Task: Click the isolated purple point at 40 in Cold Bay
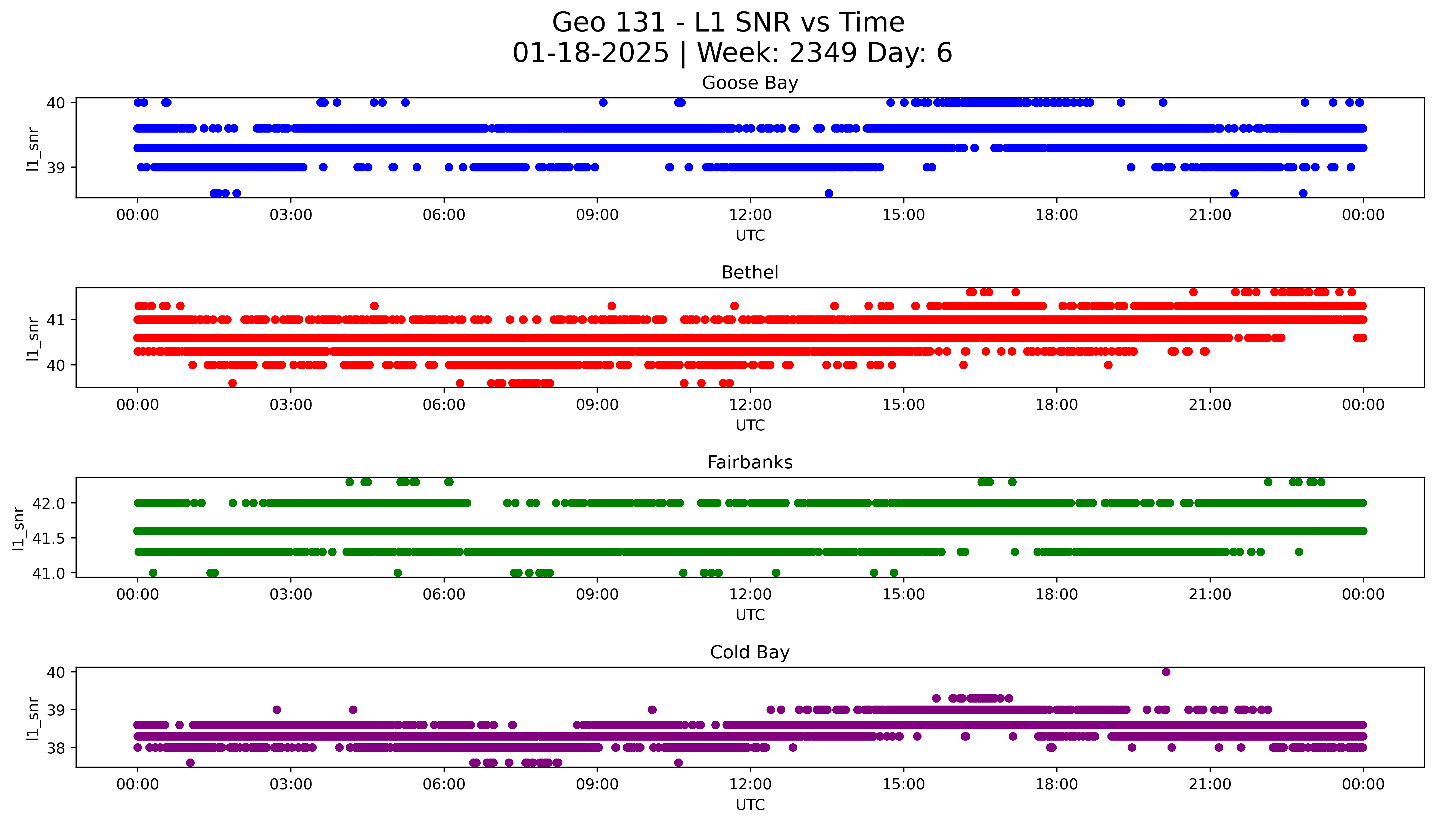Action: (1166, 672)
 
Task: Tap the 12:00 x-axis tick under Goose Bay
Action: (750, 215)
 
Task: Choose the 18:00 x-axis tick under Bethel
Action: (1056, 405)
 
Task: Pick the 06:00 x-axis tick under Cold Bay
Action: (444, 784)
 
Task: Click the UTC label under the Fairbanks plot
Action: (750, 615)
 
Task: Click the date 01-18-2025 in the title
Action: (590, 53)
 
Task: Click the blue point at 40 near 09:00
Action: (603, 102)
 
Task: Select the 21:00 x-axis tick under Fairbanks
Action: (1210, 594)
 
